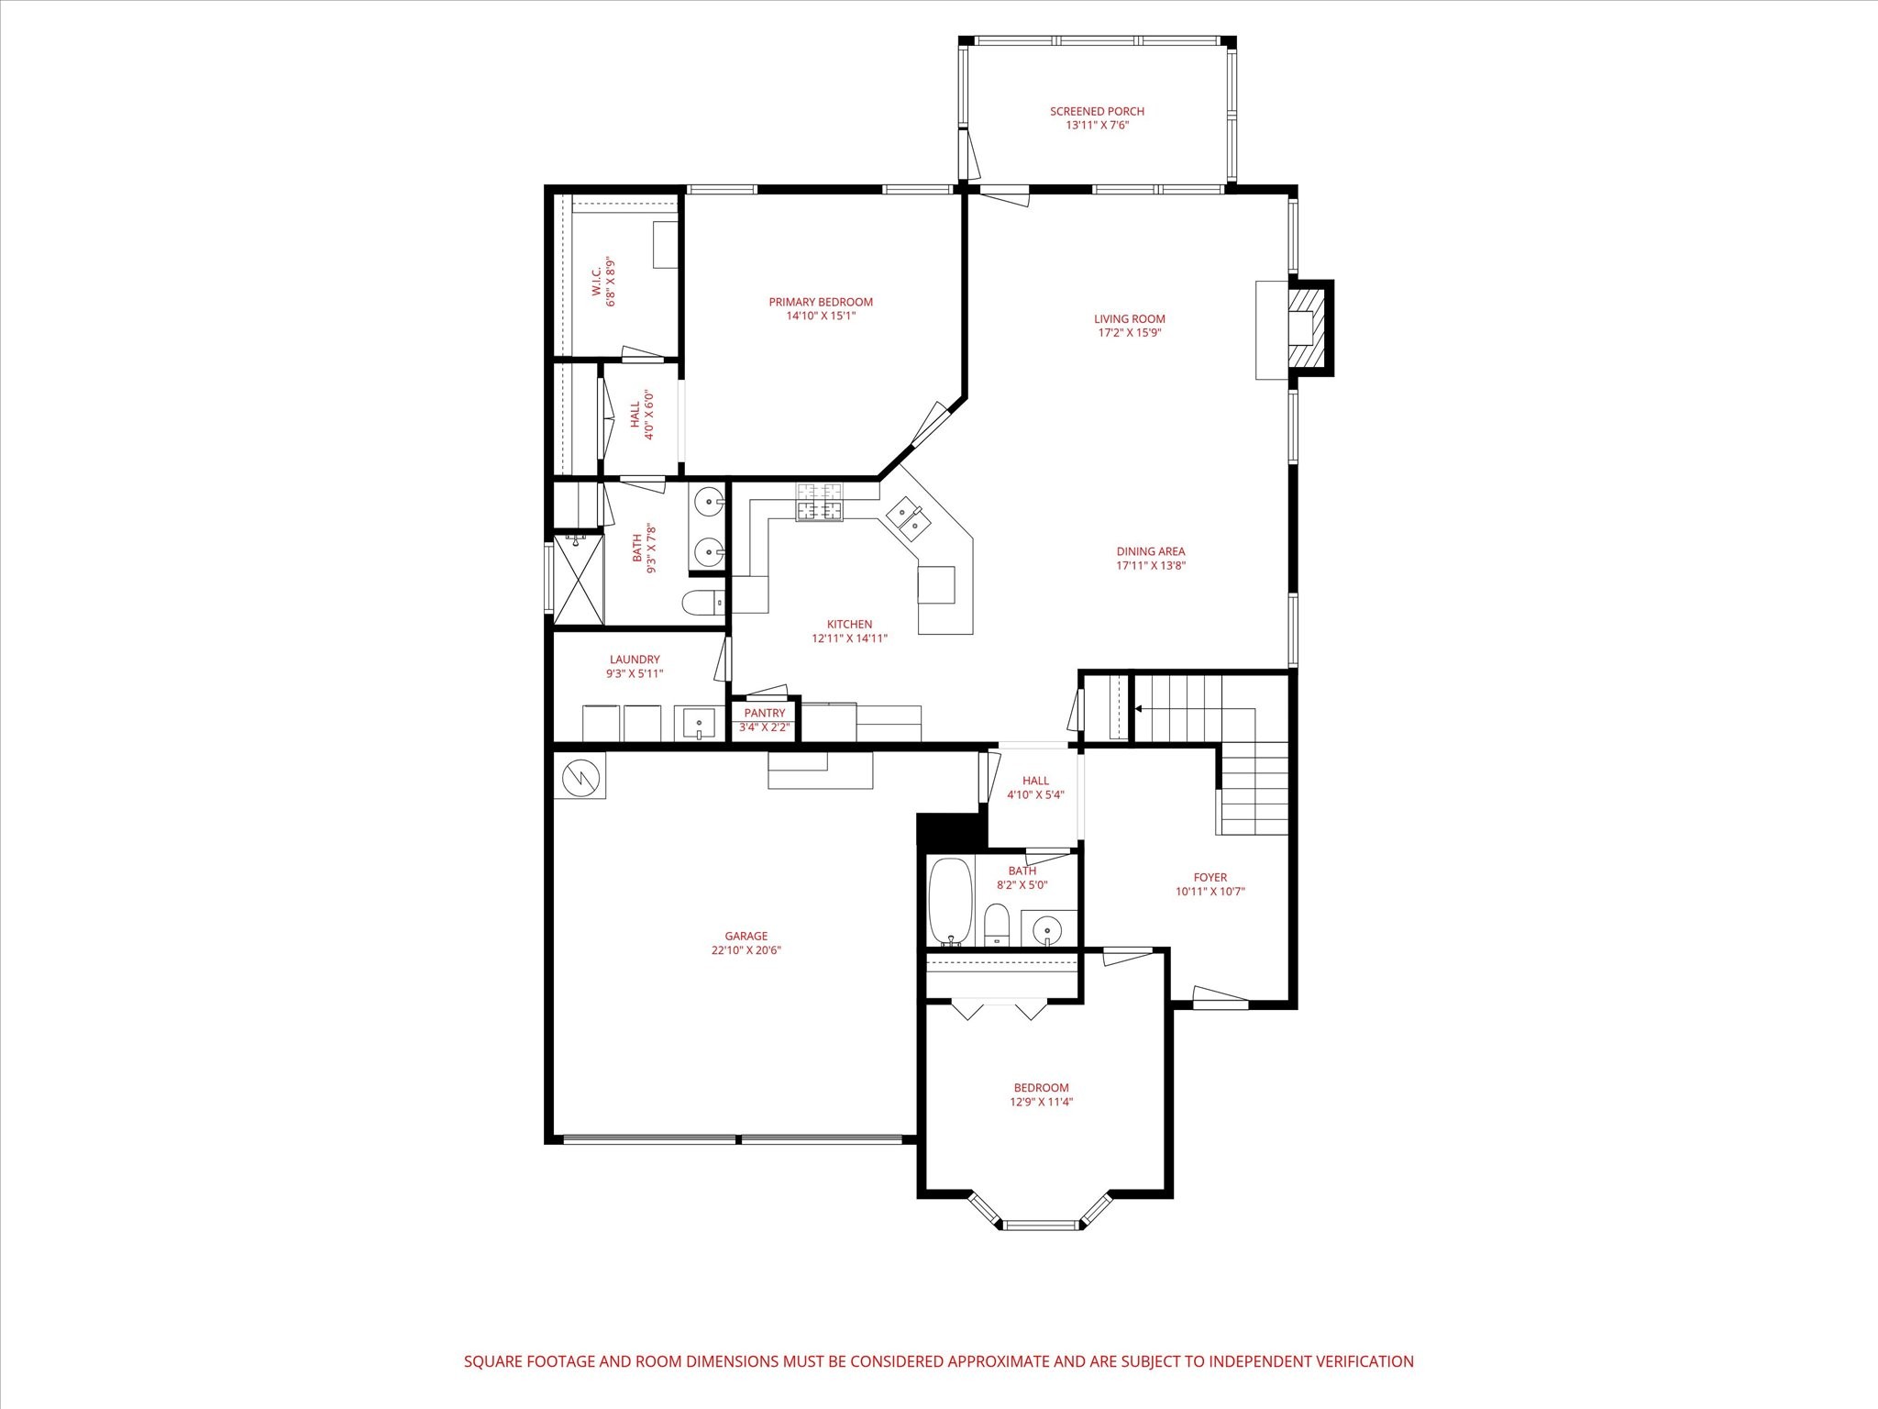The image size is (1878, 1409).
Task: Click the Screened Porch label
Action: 1097,112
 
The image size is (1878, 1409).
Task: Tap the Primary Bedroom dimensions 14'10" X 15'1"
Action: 821,316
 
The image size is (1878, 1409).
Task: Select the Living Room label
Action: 1129,319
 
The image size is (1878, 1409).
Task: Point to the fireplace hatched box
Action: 1309,328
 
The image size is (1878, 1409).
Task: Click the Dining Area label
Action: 1151,551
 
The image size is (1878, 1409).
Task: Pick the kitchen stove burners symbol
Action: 819,502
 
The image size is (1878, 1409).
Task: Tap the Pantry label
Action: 765,713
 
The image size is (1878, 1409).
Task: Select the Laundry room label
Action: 635,660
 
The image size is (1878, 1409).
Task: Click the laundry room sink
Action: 699,723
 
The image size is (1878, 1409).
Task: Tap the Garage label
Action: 746,937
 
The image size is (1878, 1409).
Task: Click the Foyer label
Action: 1210,877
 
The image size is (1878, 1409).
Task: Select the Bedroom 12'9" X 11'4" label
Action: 1041,1094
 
